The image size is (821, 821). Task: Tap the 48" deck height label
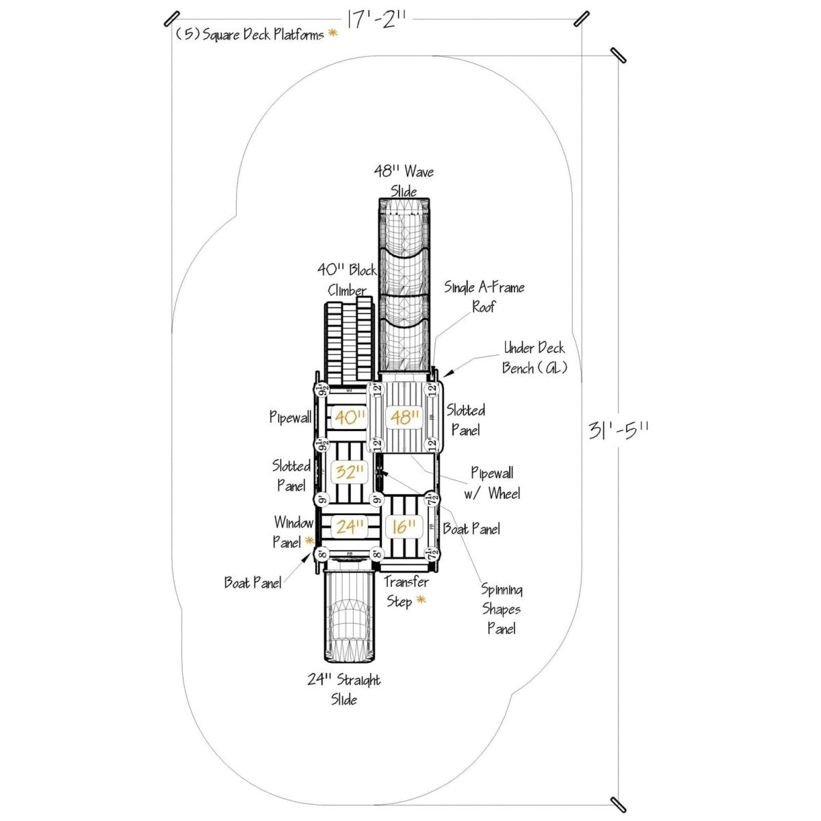404,417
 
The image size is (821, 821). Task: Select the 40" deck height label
348,417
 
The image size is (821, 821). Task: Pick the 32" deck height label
348,471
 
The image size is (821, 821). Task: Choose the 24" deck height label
348,526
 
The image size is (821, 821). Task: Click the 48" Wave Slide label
404,181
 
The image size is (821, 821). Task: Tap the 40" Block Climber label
347,279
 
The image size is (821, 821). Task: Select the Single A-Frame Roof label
484,296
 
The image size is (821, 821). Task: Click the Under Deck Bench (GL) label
534,358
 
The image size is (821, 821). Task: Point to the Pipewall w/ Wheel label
494,483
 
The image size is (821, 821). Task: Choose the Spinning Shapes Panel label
501,609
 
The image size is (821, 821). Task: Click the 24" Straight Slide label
343,690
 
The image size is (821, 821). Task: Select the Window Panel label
293,532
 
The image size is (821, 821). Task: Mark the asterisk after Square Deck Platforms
333,33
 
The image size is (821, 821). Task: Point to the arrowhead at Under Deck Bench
446,374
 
